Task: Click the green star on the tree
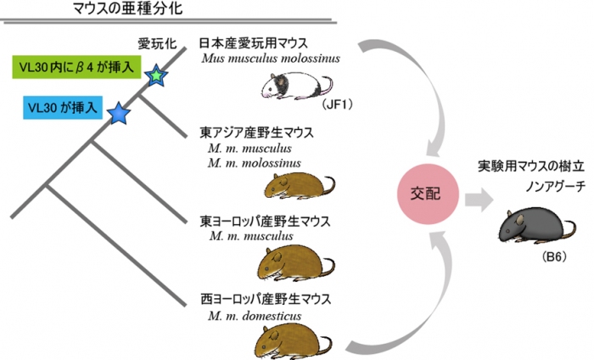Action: (x=157, y=76)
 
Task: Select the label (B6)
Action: (x=541, y=255)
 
